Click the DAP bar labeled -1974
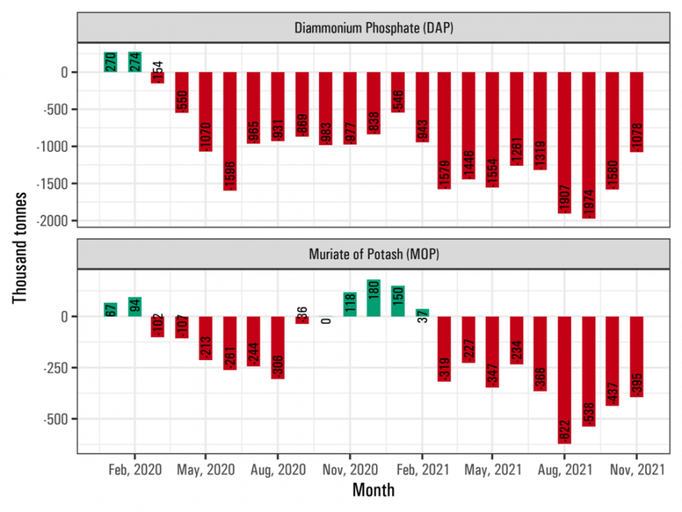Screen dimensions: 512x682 pos(589,145)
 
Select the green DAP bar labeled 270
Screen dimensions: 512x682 pos(111,62)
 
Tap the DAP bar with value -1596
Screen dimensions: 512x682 pos(230,131)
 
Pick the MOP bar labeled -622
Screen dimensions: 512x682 pos(565,379)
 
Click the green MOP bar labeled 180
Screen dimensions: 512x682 pos(374,298)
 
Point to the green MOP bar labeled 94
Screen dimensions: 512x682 pos(135,307)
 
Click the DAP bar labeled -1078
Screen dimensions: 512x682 pos(637,112)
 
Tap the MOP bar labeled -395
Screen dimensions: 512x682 pos(637,356)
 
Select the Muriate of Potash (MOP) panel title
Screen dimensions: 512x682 pos(374,254)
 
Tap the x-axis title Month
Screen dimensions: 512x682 pos(374,490)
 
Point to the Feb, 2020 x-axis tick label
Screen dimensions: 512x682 pos(135,469)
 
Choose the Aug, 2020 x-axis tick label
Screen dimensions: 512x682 pos(278,469)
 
